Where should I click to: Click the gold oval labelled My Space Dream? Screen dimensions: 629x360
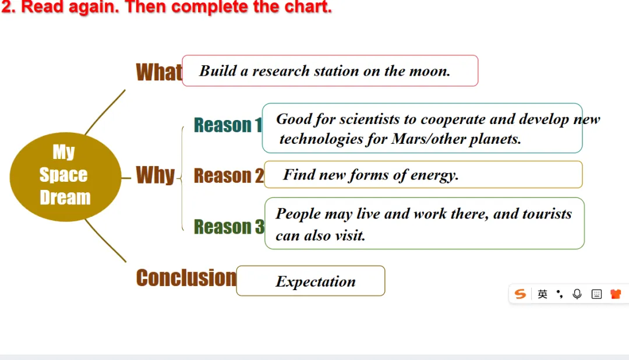click(x=65, y=177)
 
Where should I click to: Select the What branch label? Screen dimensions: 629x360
click(x=159, y=72)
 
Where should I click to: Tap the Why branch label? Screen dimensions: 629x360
click(x=156, y=175)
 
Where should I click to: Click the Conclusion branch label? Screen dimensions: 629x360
click(x=186, y=278)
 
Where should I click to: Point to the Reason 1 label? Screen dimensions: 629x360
click(x=228, y=125)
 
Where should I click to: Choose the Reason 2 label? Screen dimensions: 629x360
click(x=229, y=175)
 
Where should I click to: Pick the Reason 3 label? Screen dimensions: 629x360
click(x=229, y=227)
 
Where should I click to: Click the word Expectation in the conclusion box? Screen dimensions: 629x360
click(x=316, y=282)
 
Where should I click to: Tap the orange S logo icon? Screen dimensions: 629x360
click(x=520, y=294)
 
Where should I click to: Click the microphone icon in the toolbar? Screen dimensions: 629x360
click(x=577, y=294)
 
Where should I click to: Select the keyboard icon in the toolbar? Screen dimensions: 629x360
click(x=596, y=294)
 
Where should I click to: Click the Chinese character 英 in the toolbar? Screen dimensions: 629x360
click(x=542, y=294)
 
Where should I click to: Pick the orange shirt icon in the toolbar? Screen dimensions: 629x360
click(x=616, y=294)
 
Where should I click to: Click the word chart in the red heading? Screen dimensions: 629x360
click(x=308, y=7)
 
